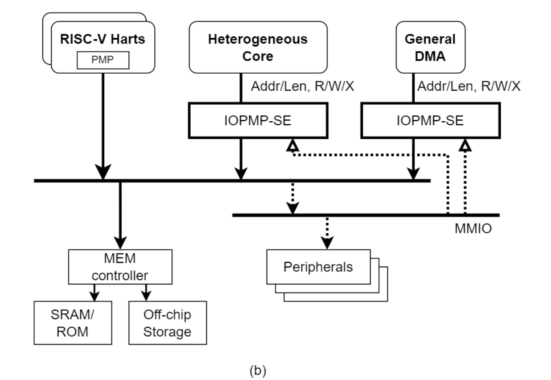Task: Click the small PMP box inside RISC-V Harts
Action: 103,60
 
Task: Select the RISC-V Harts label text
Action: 103,40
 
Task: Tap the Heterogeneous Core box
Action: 258,46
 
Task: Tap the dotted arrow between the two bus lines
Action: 292,205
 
